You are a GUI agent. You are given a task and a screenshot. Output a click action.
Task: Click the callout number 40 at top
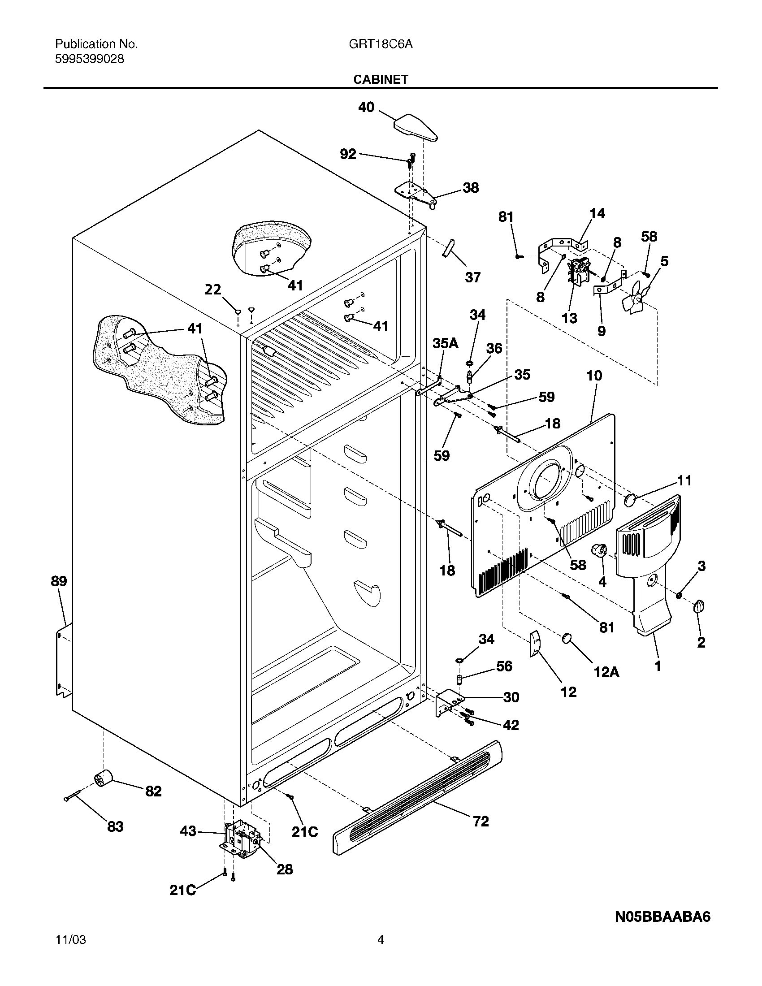click(366, 108)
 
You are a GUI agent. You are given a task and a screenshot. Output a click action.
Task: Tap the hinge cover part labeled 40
click(416, 128)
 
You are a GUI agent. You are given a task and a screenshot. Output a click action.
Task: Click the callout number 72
click(481, 821)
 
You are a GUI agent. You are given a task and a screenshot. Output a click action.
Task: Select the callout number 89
click(59, 581)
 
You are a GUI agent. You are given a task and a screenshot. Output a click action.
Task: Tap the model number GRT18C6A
click(381, 44)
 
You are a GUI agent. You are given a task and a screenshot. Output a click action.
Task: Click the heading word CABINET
click(381, 79)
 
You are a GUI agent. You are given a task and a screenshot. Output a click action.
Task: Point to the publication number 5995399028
click(89, 59)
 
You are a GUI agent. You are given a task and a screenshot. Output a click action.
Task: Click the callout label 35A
click(445, 344)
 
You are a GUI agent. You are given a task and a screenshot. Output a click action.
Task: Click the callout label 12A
click(606, 672)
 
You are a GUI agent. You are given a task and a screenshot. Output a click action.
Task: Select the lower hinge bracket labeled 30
click(448, 701)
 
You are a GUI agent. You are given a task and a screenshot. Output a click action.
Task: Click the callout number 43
click(188, 831)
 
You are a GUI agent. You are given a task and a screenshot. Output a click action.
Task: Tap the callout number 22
click(213, 290)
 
